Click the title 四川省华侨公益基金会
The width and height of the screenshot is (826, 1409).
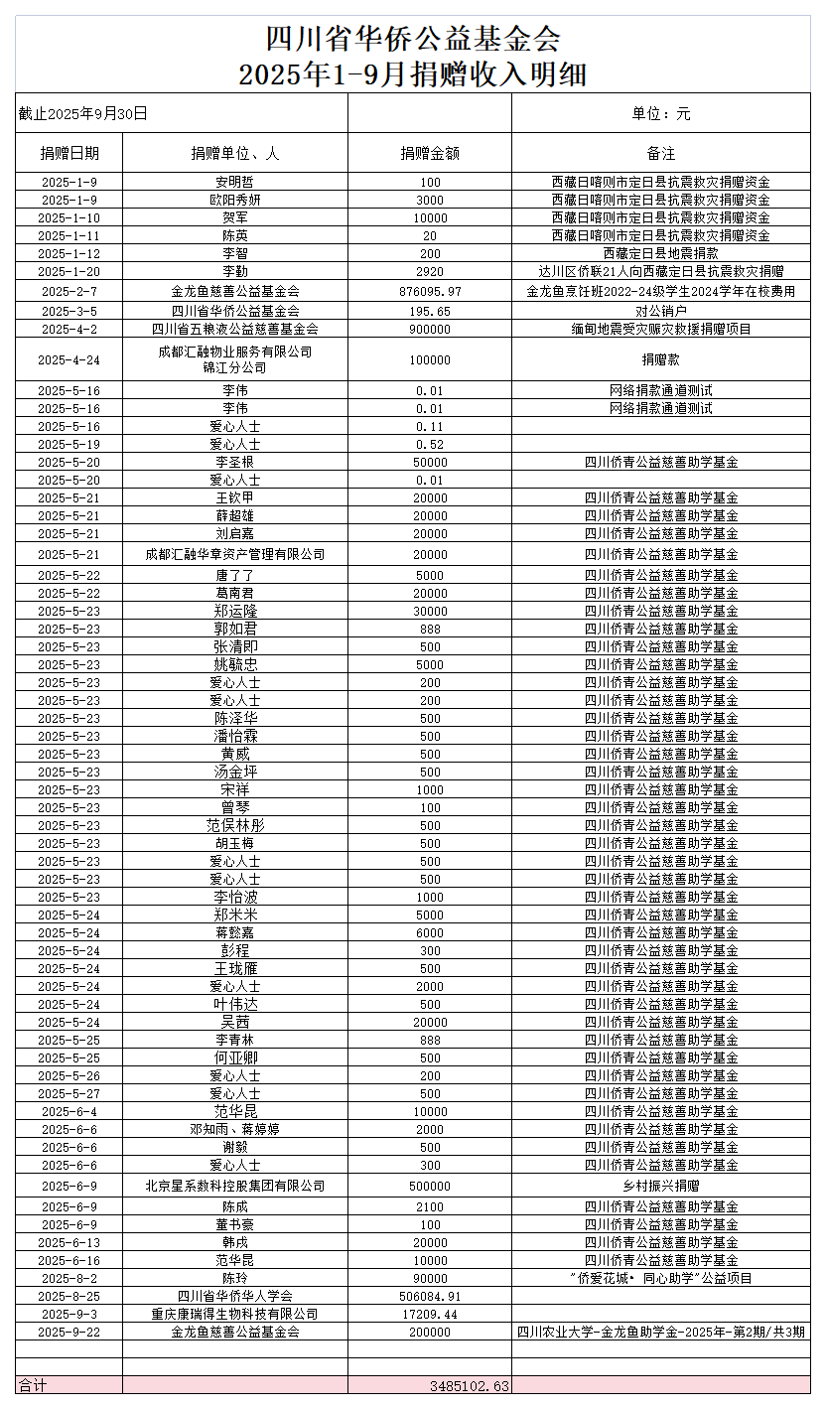pos(413,39)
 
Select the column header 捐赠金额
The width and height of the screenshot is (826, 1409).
pos(430,154)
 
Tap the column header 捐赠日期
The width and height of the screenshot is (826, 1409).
pos(69,154)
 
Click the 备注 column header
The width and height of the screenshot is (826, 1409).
pos(661,154)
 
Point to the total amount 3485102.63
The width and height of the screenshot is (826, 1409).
pos(470,1385)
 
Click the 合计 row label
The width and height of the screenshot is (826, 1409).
pos(33,1385)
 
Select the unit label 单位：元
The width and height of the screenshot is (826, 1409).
pos(661,113)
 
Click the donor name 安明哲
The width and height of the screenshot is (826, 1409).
pos(235,183)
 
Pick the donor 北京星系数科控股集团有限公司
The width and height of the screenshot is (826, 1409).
pos(235,1186)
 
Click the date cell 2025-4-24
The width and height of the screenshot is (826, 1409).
pos(69,359)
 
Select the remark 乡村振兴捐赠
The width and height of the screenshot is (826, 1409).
pos(661,1186)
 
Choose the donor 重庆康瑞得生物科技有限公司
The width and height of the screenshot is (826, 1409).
pos(235,1315)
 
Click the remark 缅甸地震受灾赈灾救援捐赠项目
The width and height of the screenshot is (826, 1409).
pos(661,329)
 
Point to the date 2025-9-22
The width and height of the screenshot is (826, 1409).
pos(69,1333)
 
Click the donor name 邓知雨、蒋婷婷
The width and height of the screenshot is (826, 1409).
pos(235,1130)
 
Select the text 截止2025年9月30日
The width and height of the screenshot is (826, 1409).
pos(83,113)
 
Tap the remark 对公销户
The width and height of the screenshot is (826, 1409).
pos(661,311)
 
